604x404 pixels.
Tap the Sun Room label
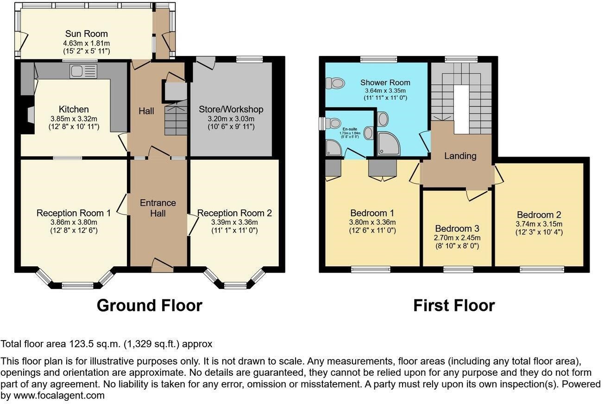[86, 34]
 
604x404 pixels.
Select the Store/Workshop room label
[231, 109]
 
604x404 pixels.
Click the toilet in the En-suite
[332, 123]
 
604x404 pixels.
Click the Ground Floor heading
[149, 306]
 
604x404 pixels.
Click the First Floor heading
[453, 306]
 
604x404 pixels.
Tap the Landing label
[460, 156]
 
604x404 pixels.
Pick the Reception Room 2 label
[234, 213]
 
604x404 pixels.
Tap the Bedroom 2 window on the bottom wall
[541, 268]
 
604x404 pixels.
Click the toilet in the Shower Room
[336, 83]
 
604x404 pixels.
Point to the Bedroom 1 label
[372, 213]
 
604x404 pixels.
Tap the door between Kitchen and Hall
[123, 141]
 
